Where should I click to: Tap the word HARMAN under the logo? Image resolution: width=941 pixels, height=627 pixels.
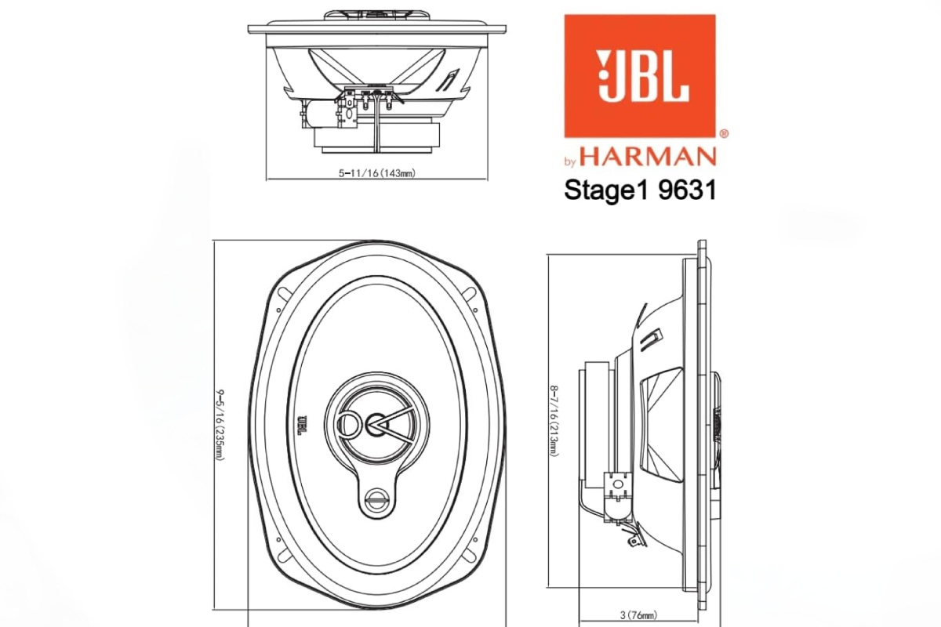648,157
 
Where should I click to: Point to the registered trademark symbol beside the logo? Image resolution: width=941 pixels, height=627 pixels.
723,134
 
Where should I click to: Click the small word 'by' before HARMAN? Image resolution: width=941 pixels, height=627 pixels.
570,162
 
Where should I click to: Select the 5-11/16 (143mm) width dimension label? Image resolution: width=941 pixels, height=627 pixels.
376,174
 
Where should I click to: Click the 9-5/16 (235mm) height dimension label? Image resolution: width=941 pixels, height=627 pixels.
220,423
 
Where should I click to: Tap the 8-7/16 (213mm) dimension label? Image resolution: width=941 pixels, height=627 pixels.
554,423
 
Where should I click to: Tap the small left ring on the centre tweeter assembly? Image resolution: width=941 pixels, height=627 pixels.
346,424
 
